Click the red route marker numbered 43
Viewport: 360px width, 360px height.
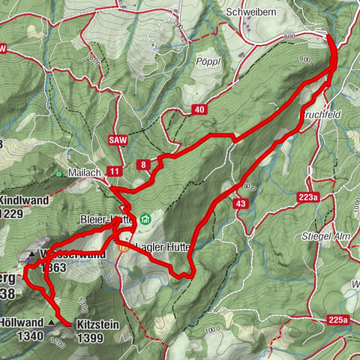click(240, 203)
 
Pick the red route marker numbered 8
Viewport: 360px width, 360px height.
click(142, 165)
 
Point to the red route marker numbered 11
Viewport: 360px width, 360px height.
click(114, 172)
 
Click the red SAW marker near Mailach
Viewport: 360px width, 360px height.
click(115, 139)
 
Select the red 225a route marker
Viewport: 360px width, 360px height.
click(339, 321)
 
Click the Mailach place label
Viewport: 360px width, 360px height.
click(86, 172)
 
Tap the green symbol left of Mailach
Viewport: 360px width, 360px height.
click(59, 173)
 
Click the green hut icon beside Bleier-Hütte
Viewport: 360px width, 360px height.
click(145, 220)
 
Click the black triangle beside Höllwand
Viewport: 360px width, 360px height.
click(51, 322)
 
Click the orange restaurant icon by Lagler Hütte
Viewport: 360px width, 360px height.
click(122, 245)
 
